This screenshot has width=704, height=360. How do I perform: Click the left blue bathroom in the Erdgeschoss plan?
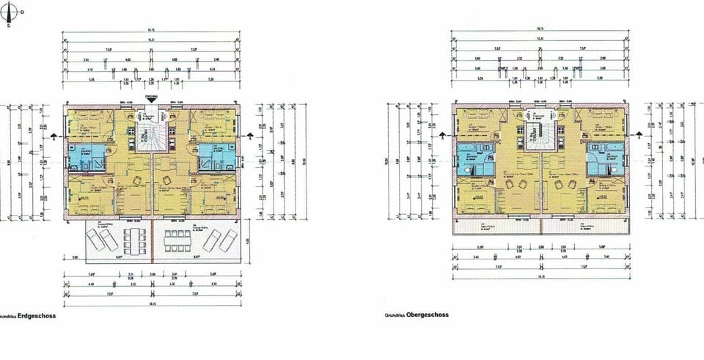click(87, 155)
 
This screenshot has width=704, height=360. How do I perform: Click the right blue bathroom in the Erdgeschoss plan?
click(217, 155)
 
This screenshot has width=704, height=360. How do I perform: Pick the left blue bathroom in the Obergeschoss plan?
click(474, 158)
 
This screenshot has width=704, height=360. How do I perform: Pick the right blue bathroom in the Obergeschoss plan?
click(606, 158)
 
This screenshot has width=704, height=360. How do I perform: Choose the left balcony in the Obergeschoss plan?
click(496, 227)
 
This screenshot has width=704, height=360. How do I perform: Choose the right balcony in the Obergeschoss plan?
click(587, 227)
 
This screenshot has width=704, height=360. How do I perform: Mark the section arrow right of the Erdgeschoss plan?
click(251, 135)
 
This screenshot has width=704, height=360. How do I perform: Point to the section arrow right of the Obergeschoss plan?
click(639, 135)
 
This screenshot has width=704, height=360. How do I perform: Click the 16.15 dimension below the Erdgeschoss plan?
click(152, 302)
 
